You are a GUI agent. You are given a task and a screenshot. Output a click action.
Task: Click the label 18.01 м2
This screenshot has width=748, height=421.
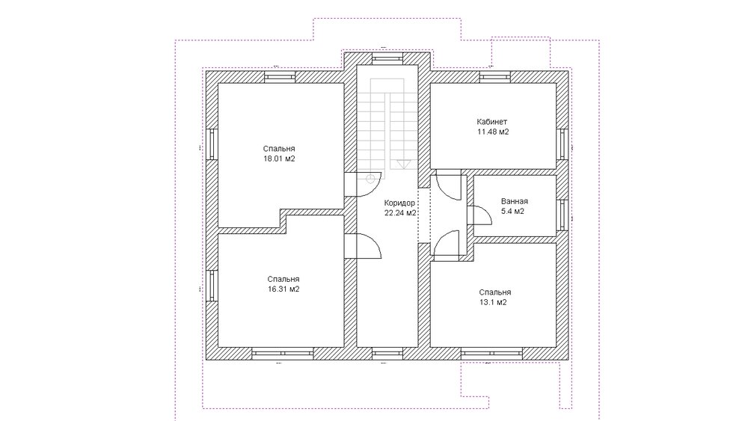(x=279, y=159)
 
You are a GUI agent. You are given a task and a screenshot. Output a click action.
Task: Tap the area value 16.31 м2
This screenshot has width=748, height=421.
(x=283, y=289)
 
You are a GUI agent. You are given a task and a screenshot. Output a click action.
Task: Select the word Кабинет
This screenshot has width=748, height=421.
(x=492, y=122)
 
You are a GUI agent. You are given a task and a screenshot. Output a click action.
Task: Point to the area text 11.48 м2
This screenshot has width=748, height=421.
(x=493, y=132)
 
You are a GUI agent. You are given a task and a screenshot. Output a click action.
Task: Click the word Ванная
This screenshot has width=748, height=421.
(x=515, y=201)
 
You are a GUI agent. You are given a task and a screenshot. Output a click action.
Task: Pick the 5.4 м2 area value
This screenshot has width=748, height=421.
(x=513, y=211)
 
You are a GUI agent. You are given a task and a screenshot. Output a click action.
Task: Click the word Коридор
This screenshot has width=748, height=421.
(x=399, y=203)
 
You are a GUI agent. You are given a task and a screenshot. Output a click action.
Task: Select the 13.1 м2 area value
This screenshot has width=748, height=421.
(x=494, y=302)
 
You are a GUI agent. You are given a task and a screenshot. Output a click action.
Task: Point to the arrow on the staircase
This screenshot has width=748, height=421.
(x=403, y=164)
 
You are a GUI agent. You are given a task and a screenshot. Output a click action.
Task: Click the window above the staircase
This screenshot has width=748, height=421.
(x=387, y=58)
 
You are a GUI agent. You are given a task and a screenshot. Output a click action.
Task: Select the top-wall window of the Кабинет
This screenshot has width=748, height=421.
(x=496, y=77)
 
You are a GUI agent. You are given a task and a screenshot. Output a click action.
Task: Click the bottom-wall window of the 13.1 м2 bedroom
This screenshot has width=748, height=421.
(x=492, y=353)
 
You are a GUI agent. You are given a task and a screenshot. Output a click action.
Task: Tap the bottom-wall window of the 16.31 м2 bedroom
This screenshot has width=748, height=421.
(x=283, y=353)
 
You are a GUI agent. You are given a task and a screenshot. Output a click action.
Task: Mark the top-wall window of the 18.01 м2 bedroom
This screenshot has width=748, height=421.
(x=280, y=77)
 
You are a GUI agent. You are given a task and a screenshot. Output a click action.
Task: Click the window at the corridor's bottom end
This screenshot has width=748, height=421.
(x=387, y=353)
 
